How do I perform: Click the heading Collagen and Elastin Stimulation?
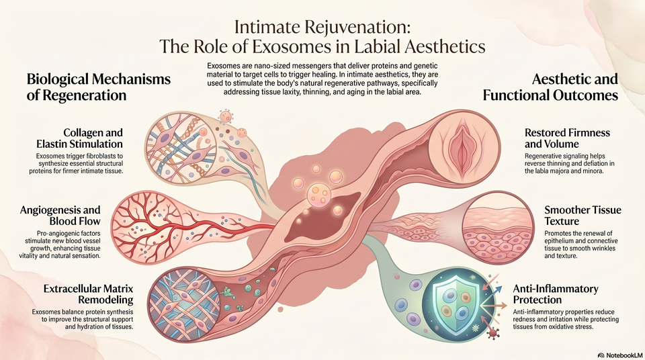[79, 138]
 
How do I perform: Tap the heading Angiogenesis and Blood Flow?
[60, 215]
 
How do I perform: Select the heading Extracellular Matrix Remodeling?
[89, 294]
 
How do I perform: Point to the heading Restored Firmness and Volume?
[567, 138]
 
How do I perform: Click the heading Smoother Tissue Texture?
[583, 215]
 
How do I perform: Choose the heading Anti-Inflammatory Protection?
[556, 294]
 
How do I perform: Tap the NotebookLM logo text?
[620, 354]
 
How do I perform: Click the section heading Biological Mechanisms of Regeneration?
[99, 87]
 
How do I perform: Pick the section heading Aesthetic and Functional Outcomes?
[550, 87]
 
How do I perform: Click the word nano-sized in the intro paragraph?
[263, 66]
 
